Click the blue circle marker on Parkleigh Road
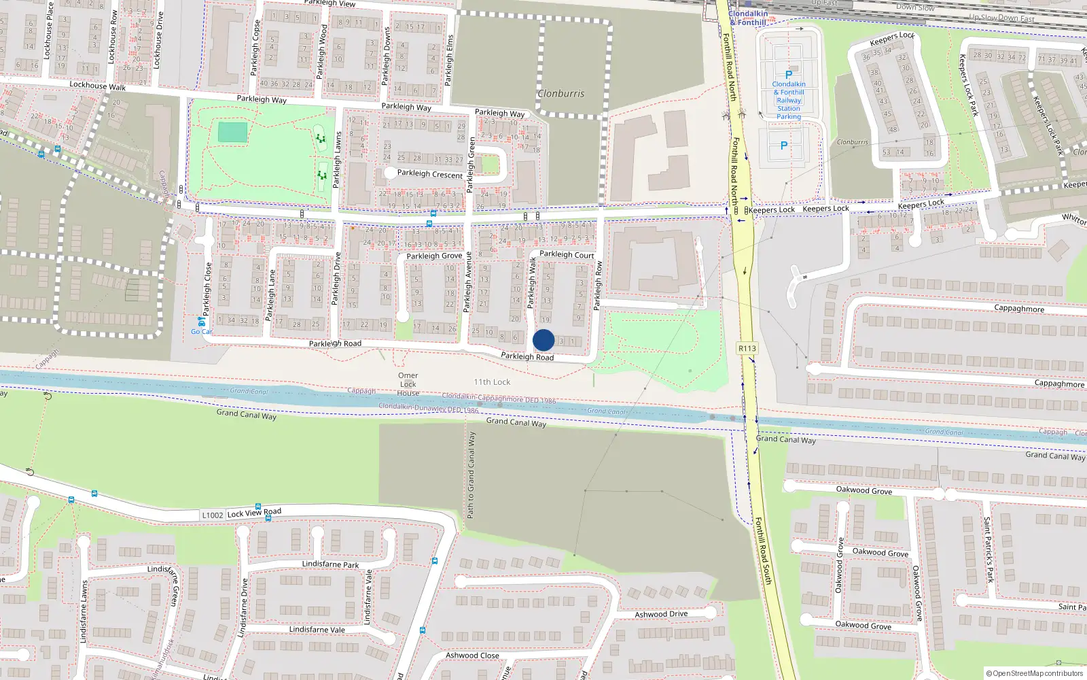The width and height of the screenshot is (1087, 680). [x=543, y=340]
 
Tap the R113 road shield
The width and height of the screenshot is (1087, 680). [x=747, y=348]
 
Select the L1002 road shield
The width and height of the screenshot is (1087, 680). [x=213, y=515]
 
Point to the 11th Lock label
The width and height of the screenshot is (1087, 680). [x=492, y=382]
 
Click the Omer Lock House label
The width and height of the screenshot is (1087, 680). [x=408, y=384]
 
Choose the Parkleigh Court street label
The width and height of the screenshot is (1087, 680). [x=567, y=254]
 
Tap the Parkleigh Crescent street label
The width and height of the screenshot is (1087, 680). [x=430, y=174]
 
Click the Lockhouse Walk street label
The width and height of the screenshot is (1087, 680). [x=97, y=86]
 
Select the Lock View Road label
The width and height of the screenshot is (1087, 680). [x=254, y=513]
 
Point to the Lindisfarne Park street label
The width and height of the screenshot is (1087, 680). [x=330, y=564]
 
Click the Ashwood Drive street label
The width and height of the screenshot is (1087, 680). [x=661, y=614]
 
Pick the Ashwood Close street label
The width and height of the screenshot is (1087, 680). [x=472, y=656]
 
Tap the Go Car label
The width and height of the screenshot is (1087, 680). [x=201, y=332]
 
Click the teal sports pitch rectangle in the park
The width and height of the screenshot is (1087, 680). [x=233, y=132]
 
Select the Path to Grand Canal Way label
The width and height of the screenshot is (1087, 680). [x=471, y=475]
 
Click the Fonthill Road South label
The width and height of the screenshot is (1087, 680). [x=764, y=551]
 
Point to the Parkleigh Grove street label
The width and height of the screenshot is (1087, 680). [x=434, y=256]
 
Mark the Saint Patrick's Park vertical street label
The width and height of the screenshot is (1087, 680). [x=988, y=549]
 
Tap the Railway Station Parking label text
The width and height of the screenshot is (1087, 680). [x=789, y=101]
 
